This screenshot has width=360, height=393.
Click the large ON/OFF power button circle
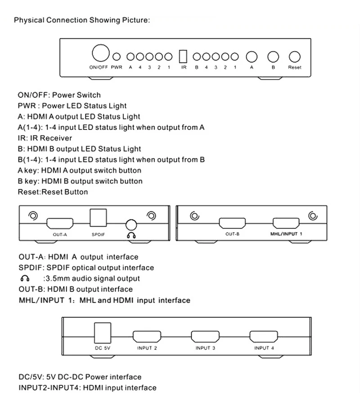point(101,53)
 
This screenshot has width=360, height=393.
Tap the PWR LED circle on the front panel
point(117,57)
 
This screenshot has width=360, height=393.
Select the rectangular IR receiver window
point(183,57)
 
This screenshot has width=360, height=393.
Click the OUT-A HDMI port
point(60,223)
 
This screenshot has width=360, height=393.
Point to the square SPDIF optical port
point(98,218)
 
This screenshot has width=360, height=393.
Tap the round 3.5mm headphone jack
point(131,225)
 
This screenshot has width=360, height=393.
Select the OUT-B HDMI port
point(232,223)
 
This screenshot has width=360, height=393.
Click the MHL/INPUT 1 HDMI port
point(286,223)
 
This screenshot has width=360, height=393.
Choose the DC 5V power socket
point(103,333)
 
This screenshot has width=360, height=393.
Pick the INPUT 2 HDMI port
point(147,337)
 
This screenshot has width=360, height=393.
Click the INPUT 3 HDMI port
point(205,337)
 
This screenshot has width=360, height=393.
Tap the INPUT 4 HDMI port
point(264,337)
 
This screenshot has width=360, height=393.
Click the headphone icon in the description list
point(25,278)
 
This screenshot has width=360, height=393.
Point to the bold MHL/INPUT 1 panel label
point(286,234)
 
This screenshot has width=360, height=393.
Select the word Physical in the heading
point(29,20)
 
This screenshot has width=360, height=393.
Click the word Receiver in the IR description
point(56,138)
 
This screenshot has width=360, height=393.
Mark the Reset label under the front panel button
point(294,67)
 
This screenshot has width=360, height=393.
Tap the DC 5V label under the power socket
point(103,348)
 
